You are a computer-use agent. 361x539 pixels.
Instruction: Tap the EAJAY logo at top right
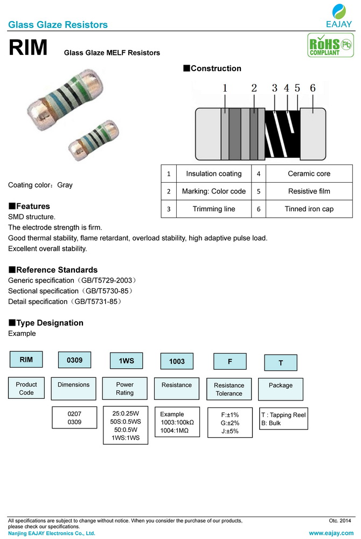click(339, 16)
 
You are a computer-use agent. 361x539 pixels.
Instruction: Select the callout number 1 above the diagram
click(225, 88)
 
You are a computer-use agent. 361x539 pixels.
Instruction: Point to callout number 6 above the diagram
click(313, 88)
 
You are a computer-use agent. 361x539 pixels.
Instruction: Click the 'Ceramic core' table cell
click(309, 174)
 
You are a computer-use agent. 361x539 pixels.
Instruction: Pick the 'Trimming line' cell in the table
click(214, 209)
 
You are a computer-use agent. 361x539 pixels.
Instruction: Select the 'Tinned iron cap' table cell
click(309, 209)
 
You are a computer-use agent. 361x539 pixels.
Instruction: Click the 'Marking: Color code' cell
click(214, 191)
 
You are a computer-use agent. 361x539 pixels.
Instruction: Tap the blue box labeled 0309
click(74, 360)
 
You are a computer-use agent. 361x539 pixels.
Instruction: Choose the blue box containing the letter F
click(230, 361)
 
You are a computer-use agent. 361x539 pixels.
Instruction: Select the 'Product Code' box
click(26, 388)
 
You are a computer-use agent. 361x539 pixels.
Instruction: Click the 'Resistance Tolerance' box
click(229, 389)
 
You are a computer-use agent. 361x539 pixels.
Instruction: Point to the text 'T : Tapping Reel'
click(283, 415)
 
